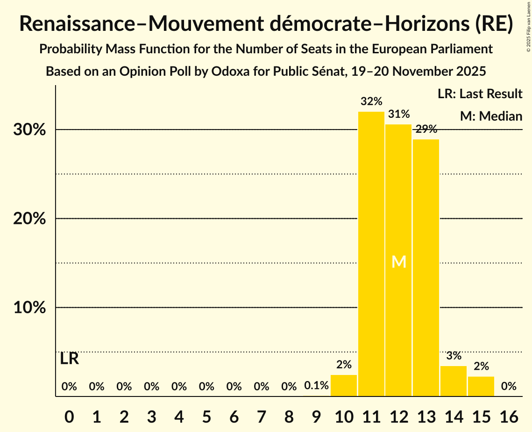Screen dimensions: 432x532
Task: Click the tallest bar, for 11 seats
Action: (x=371, y=254)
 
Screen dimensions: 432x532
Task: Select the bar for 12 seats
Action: (x=399, y=260)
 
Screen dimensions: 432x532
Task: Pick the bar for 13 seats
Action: (x=426, y=267)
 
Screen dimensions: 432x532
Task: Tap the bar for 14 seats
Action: (x=454, y=381)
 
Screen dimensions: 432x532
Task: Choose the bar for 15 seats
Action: (x=481, y=386)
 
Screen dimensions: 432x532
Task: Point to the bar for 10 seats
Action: (x=344, y=385)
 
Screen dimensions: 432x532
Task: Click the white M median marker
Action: (x=399, y=262)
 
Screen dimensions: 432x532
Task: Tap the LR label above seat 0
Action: (x=69, y=359)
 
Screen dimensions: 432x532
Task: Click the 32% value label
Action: (x=371, y=101)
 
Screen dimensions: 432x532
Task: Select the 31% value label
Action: (x=399, y=114)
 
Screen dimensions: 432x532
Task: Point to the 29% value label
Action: (x=426, y=129)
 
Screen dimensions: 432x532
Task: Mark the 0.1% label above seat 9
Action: (x=316, y=386)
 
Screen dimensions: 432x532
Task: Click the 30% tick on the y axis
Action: (x=29, y=130)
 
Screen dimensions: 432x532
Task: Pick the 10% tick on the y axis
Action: (x=29, y=308)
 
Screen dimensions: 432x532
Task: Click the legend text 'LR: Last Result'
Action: (x=480, y=94)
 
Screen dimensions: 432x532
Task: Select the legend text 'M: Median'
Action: (x=491, y=116)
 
